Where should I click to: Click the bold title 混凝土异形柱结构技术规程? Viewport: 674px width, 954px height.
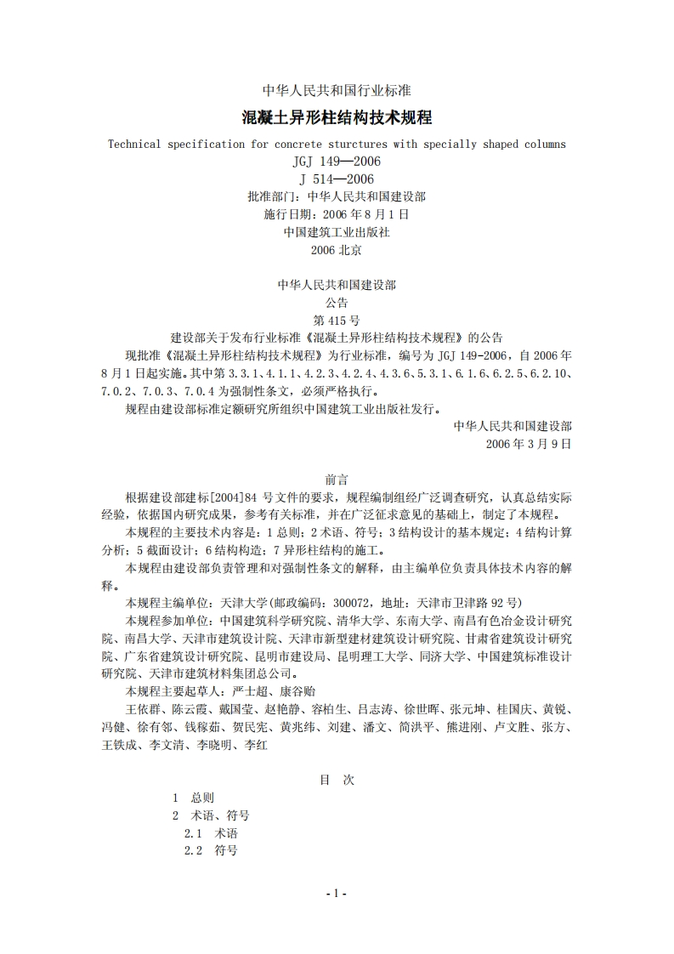[337, 116]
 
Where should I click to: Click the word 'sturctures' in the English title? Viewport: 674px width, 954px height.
[373, 144]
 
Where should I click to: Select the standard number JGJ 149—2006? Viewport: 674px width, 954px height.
[337, 162]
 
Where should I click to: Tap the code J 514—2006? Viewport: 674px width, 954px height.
[337, 179]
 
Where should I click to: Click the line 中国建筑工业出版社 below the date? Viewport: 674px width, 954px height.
[337, 231]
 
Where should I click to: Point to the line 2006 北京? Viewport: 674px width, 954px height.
[337, 249]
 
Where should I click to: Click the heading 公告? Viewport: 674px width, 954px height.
[337, 303]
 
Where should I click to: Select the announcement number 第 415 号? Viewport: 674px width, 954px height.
[337, 321]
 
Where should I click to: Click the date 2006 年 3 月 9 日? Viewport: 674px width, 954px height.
[529, 444]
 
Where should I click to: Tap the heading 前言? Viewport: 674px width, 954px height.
[337, 480]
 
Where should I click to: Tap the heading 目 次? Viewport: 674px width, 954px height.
[337, 780]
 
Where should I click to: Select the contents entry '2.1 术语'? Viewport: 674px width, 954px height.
[211, 833]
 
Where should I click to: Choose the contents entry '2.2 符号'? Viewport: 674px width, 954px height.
[211, 850]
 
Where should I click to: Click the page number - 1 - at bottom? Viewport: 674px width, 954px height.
[337, 894]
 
